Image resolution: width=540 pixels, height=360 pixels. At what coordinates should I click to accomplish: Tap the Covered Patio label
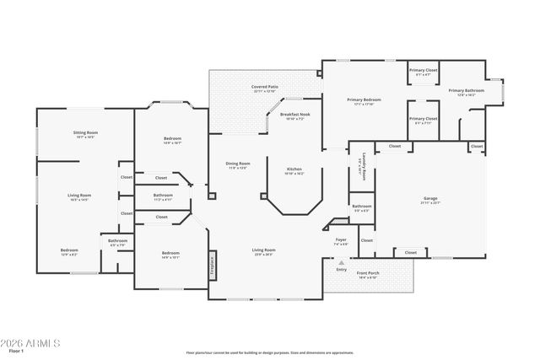pos(264,87)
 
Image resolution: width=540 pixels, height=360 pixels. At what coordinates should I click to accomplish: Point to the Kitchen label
pos(294,169)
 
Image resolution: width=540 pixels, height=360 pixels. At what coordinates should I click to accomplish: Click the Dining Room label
pos(237,164)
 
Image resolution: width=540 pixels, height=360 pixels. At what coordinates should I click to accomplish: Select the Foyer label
pos(341,240)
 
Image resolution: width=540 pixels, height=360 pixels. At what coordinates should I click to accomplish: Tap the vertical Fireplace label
pos(213,263)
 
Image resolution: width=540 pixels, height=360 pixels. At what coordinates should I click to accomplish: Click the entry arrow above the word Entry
pos(341,262)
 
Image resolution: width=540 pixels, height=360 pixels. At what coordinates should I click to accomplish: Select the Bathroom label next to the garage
pos(362,206)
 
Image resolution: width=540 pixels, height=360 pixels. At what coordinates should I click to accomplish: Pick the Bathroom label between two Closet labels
pos(163,196)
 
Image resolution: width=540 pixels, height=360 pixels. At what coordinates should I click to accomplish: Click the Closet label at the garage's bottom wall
pos(410,252)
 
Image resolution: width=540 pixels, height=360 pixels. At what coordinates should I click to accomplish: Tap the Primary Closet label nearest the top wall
pos(423,70)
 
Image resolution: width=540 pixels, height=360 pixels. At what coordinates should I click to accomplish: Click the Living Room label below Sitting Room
pos(79,196)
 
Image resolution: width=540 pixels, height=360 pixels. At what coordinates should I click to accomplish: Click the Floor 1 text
pos(14,353)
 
